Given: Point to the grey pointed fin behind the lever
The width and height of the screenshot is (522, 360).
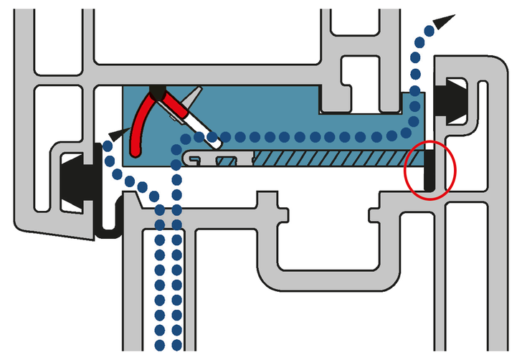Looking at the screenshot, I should [193, 95].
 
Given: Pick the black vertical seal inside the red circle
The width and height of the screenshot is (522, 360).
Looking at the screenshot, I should [429, 169].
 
